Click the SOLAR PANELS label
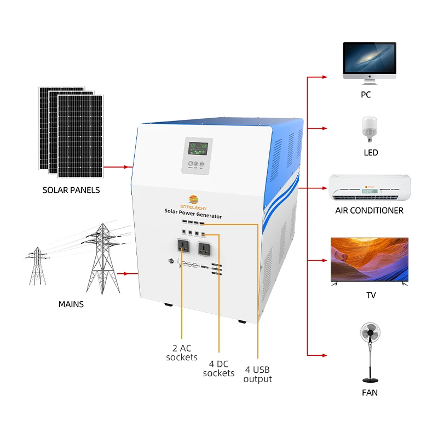tap(71, 191)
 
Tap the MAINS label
tap(71, 304)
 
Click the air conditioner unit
tap(369, 188)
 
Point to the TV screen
tap(369, 260)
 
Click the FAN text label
tap(370, 393)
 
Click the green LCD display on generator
tap(194, 148)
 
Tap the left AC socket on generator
tap(182, 248)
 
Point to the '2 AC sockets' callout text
tap(182, 353)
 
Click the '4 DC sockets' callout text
tap(218, 368)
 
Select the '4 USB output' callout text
tap(257, 374)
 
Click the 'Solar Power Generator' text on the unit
tap(193, 213)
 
